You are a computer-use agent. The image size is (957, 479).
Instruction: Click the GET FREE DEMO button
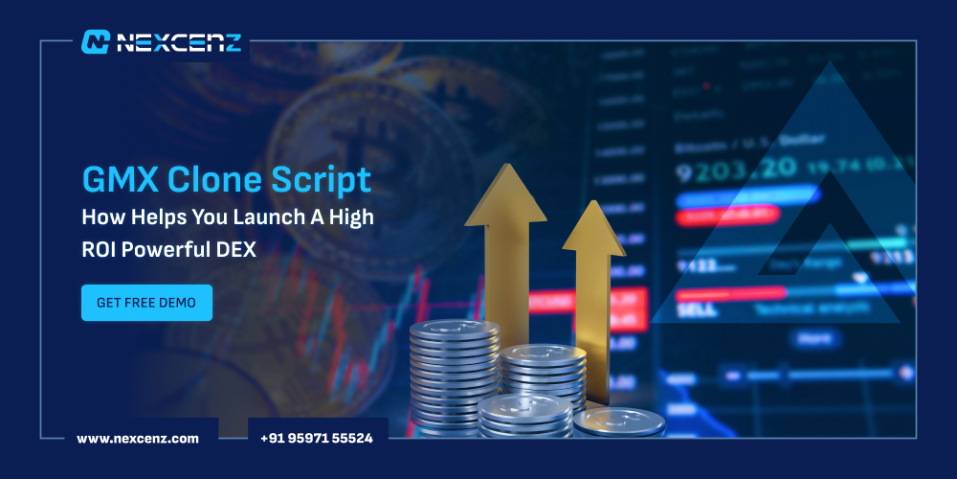(x=146, y=303)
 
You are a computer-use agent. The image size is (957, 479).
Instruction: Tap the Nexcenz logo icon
(x=96, y=41)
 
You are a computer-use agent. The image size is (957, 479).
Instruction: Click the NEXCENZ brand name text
(x=179, y=42)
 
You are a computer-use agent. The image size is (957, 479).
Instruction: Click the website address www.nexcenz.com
(x=138, y=438)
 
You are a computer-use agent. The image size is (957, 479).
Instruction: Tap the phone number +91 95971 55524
(x=317, y=438)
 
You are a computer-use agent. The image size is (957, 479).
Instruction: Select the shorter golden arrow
(x=593, y=268)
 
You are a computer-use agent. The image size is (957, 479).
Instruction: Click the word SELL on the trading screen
(x=696, y=310)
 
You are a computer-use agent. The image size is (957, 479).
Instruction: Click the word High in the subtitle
(x=353, y=218)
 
